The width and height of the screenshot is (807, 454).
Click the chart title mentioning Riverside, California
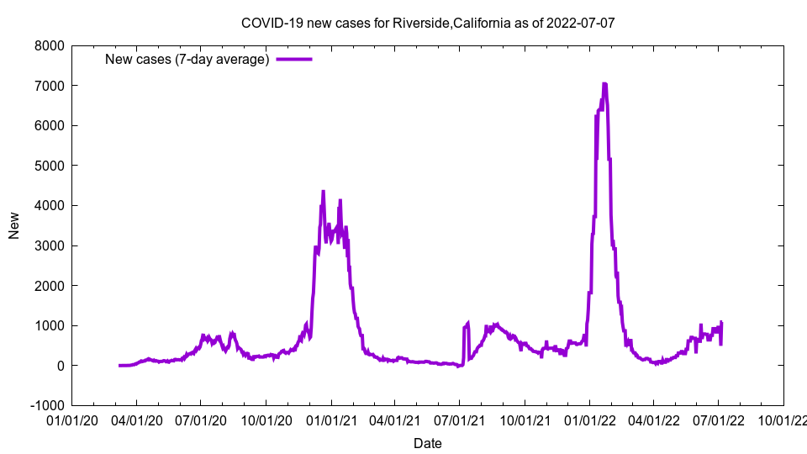(428, 23)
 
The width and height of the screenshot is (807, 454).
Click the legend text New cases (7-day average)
(187, 59)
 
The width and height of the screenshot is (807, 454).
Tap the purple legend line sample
(294, 59)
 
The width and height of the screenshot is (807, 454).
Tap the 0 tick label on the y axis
(60, 366)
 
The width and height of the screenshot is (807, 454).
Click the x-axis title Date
(428, 443)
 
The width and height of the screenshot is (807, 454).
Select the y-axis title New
(14, 225)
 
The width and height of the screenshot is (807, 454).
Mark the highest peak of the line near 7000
(604, 84)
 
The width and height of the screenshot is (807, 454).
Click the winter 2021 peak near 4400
(323, 192)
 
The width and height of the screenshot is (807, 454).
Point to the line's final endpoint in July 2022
(721, 323)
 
